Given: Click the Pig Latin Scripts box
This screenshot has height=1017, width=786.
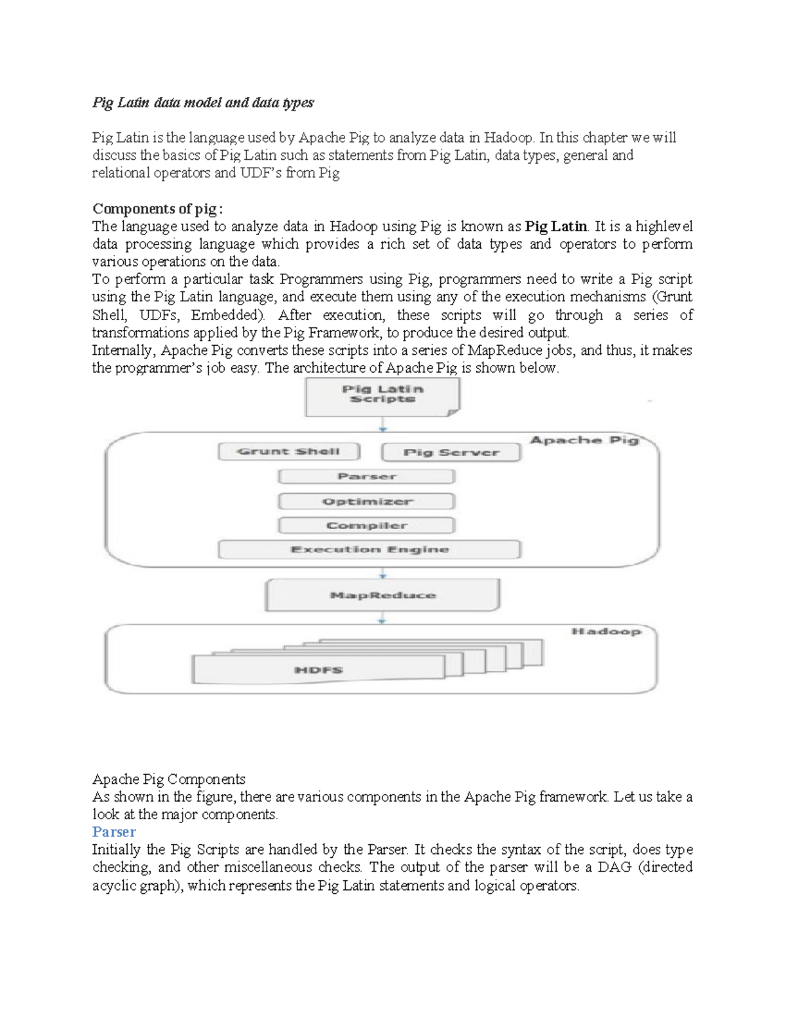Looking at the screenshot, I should [383, 396].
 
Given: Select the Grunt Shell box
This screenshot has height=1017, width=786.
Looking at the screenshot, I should [289, 452].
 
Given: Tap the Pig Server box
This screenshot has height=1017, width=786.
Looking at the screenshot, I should [451, 453].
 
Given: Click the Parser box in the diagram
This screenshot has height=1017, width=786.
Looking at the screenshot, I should [367, 477].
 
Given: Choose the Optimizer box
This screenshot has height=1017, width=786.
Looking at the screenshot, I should [367, 502].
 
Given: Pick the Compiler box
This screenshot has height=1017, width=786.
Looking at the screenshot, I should [367, 526].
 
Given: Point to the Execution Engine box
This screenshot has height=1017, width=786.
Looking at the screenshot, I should [369, 549].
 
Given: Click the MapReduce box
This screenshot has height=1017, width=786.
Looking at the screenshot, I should [383, 595].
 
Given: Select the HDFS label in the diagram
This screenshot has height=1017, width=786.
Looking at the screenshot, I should [319, 670].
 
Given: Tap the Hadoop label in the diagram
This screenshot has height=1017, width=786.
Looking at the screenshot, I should [605, 632].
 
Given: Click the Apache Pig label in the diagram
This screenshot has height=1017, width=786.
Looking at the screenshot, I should [584, 440].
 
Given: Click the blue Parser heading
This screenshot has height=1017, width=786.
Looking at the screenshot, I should [114, 832].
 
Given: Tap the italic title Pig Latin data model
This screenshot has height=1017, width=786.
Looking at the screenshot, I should [202, 103].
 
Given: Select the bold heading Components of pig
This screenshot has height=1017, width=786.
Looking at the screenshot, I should [157, 209].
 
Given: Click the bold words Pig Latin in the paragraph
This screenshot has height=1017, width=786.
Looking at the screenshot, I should [556, 227].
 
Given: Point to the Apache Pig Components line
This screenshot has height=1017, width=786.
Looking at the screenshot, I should [169, 779].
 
